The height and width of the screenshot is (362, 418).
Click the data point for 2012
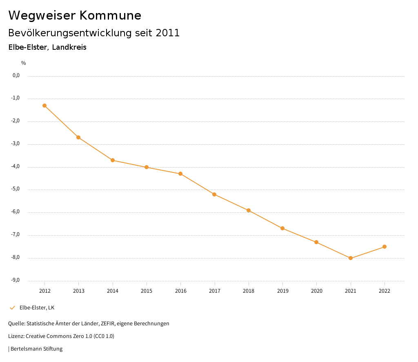click(x=44, y=106)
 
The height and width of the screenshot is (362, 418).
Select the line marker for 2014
click(x=112, y=160)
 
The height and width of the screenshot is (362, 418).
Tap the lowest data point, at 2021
click(x=350, y=258)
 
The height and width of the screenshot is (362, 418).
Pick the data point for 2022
click(x=385, y=247)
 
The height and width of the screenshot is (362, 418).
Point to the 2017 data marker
click(x=214, y=194)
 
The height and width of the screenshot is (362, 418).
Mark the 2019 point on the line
click(x=282, y=228)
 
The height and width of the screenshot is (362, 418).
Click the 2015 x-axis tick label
click(x=147, y=291)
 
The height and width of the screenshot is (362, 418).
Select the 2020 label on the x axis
click(x=316, y=291)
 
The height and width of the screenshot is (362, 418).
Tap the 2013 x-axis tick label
click(x=78, y=291)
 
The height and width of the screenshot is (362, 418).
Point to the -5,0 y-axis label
click(x=16, y=189)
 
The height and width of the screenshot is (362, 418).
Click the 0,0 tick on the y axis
click(x=16, y=75)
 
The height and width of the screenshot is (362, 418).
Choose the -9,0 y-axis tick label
click(x=16, y=280)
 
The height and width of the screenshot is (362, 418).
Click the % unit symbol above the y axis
click(x=24, y=63)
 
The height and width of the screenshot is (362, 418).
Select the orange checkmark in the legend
click(x=12, y=308)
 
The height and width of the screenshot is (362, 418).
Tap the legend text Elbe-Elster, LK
click(x=37, y=308)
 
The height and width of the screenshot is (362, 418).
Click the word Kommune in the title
click(x=110, y=15)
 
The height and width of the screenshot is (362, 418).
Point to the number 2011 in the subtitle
click(x=168, y=33)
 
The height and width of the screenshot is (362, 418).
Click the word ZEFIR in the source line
click(x=107, y=324)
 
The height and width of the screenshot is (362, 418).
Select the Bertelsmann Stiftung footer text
click(x=36, y=349)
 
